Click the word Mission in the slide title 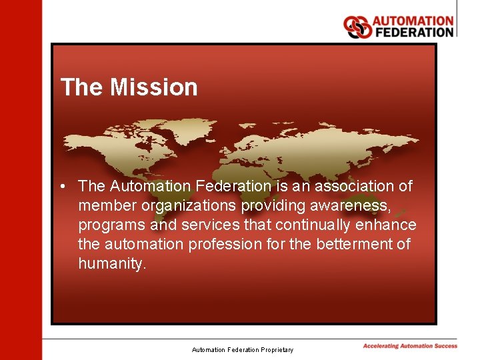click(x=154, y=87)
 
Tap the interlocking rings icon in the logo click(x=357, y=27)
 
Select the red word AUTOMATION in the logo click(x=413, y=21)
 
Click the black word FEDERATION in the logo click(x=413, y=32)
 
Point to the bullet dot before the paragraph click(x=61, y=187)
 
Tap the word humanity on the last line click(x=111, y=263)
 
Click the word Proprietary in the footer click(x=276, y=350)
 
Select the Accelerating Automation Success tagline click(x=410, y=346)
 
